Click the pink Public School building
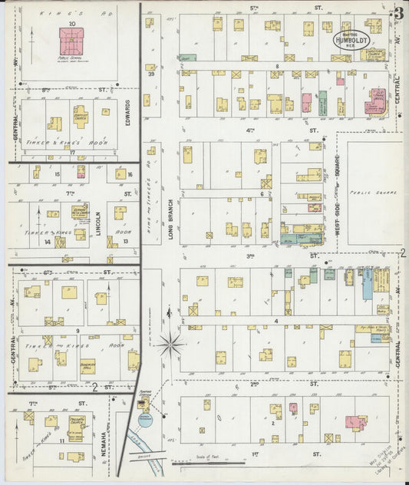pyautogui.click(x=71, y=41)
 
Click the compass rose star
pyautogui.click(x=170, y=343)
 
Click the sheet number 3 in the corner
pyautogui.click(x=398, y=13)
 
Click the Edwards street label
pyautogui.click(x=127, y=113)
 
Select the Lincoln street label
pyautogui.click(x=98, y=224)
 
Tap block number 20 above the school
pyautogui.click(x=71, y=24)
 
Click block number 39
pyautogui.click(x=152, y=74)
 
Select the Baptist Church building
pyautogui.click(x=80, y=117)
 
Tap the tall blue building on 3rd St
pyautogui.click(x=367, y=283)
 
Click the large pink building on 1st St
pyautogui.click(x=355, y=422)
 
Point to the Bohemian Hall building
pyautogui.click(x=87, y=365)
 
